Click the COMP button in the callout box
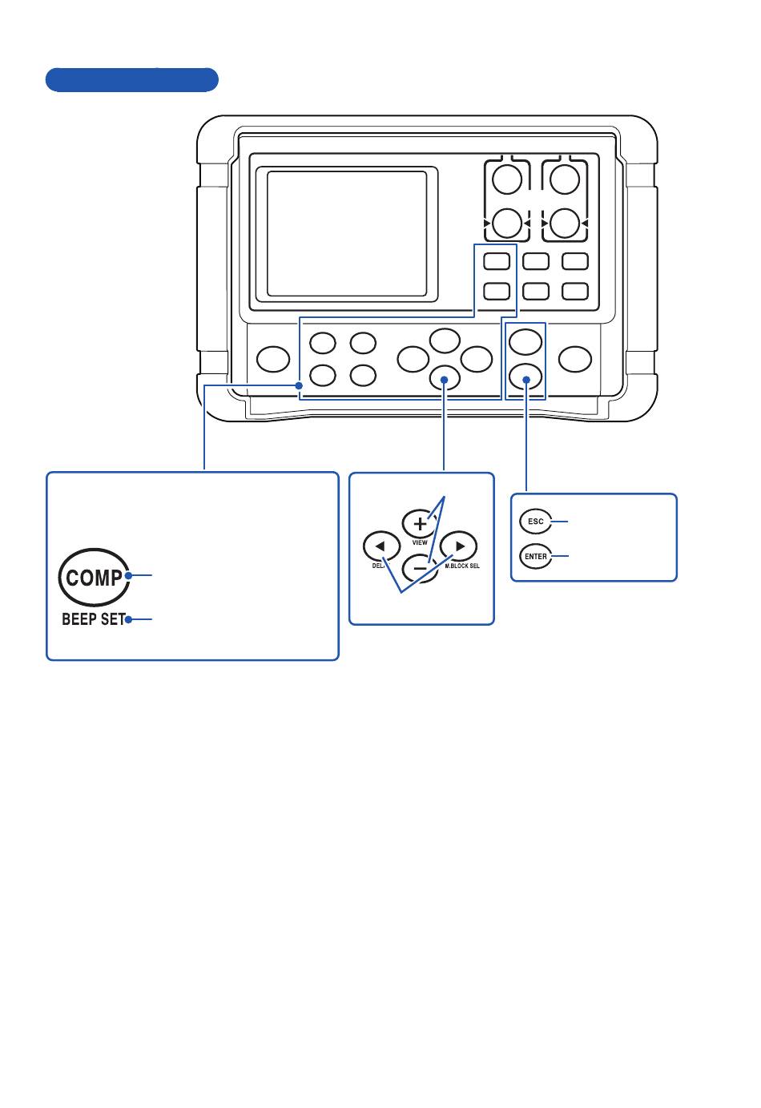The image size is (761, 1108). (94, 577)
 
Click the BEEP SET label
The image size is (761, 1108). (94, 619)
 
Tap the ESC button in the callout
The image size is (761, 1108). (536, 522)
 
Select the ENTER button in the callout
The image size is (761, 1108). (536, 557)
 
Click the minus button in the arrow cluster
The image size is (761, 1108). (420, 568)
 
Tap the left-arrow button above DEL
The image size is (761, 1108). (381, 546)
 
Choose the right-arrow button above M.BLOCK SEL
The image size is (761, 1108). (459, 546)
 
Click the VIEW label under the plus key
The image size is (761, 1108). (420, 542)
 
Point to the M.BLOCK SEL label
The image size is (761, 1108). (462, 566)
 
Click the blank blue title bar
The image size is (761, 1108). (132, 79)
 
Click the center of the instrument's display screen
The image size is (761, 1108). (347, 233)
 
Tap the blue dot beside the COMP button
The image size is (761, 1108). (128, 575)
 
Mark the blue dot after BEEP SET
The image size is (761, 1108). (128, 619)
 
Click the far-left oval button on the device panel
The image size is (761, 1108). (273, 359)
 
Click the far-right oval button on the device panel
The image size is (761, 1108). (575, 359)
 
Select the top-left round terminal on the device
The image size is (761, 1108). (507, 179)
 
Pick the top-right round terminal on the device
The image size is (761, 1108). (565, 179)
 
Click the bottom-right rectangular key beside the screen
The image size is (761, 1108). (575, 292)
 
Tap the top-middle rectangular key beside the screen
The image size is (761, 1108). (536, 261)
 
